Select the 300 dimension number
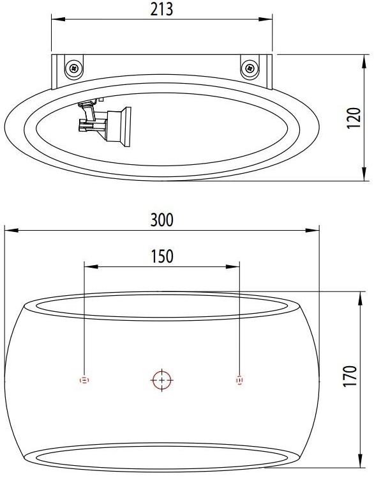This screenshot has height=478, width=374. point(162,220)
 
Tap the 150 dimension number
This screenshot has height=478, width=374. point(162,256)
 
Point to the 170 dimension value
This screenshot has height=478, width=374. point(350,377)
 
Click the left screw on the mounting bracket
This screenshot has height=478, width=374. point(75,66)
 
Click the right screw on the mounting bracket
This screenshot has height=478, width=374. point(250,66)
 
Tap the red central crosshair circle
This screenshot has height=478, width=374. point(162,380)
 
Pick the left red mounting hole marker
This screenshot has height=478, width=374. point(84,380)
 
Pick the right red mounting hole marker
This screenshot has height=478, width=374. point(239,380)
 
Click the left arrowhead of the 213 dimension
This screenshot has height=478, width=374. point(55,20)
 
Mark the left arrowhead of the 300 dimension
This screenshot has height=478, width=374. point(8,230)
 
